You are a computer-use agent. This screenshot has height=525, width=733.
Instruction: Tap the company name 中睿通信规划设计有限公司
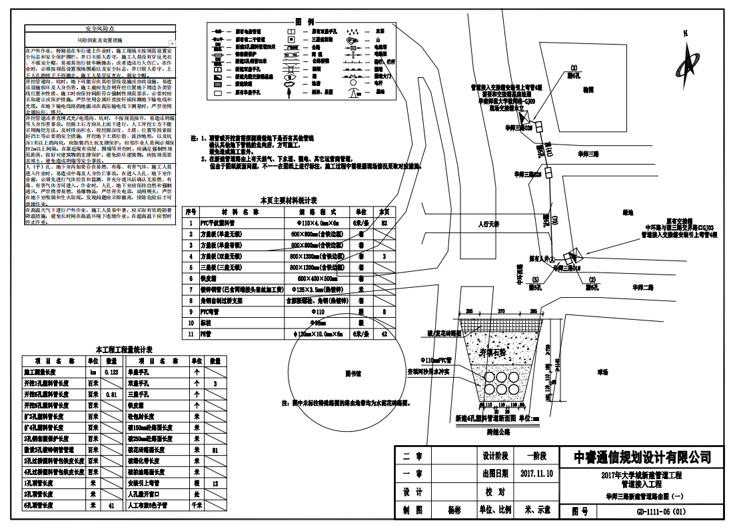coord(642,457)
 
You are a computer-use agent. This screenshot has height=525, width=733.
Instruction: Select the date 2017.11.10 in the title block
coord(536,474)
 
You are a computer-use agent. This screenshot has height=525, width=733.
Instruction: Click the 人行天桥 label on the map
coord(492,225)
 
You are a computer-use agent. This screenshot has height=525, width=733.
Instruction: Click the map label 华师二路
coord(643,287)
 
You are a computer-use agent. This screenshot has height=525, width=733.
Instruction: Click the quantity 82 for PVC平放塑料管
coord(384,223)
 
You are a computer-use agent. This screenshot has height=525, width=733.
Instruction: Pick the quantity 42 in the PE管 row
coord(384,333)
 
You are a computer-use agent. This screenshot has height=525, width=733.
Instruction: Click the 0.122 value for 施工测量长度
coord(112,372)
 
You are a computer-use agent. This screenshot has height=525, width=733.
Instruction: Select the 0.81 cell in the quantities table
coord(112,394)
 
